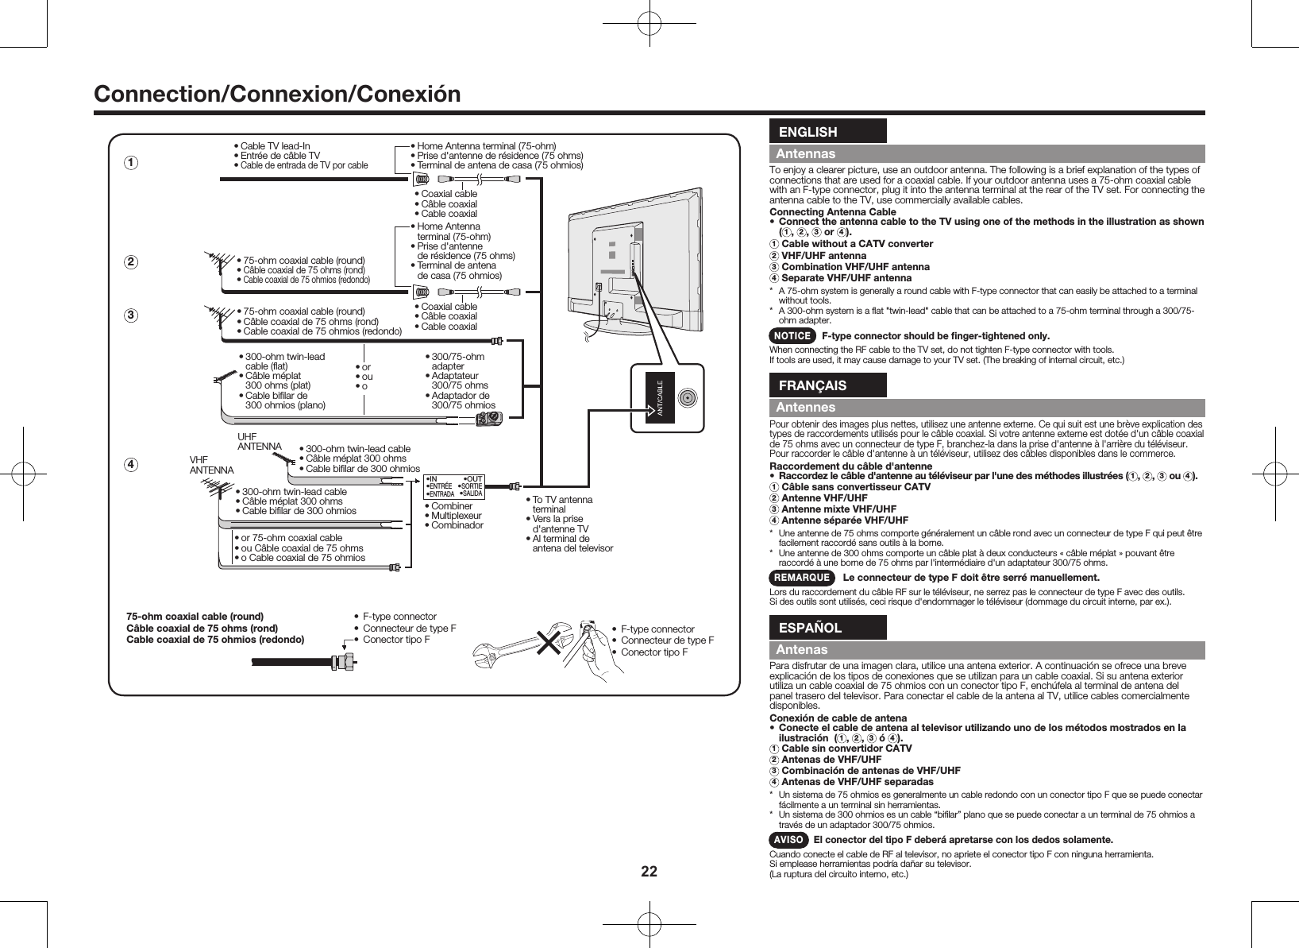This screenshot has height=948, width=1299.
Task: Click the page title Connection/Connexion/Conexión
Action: (x=277, y=94)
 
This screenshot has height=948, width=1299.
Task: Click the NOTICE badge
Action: (x=792, y=335)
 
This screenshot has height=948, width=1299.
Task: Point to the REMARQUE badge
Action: (x=802, y=577)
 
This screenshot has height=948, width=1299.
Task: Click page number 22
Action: (x=649, y=872)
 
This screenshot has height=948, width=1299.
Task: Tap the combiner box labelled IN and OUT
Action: (x=454, y=486)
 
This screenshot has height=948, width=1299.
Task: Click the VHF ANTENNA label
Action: (x=211, y=465)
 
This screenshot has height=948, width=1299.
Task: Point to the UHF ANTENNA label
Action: (x=259, y=441)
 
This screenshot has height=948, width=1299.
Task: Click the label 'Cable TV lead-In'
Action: (x=275, y=146)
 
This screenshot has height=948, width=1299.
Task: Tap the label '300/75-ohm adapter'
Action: (x=457, y=362)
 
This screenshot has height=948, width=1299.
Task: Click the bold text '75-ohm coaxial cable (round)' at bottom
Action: (x=195, y=616)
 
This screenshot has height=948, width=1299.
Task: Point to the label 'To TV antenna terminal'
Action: (x=562, y=504)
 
